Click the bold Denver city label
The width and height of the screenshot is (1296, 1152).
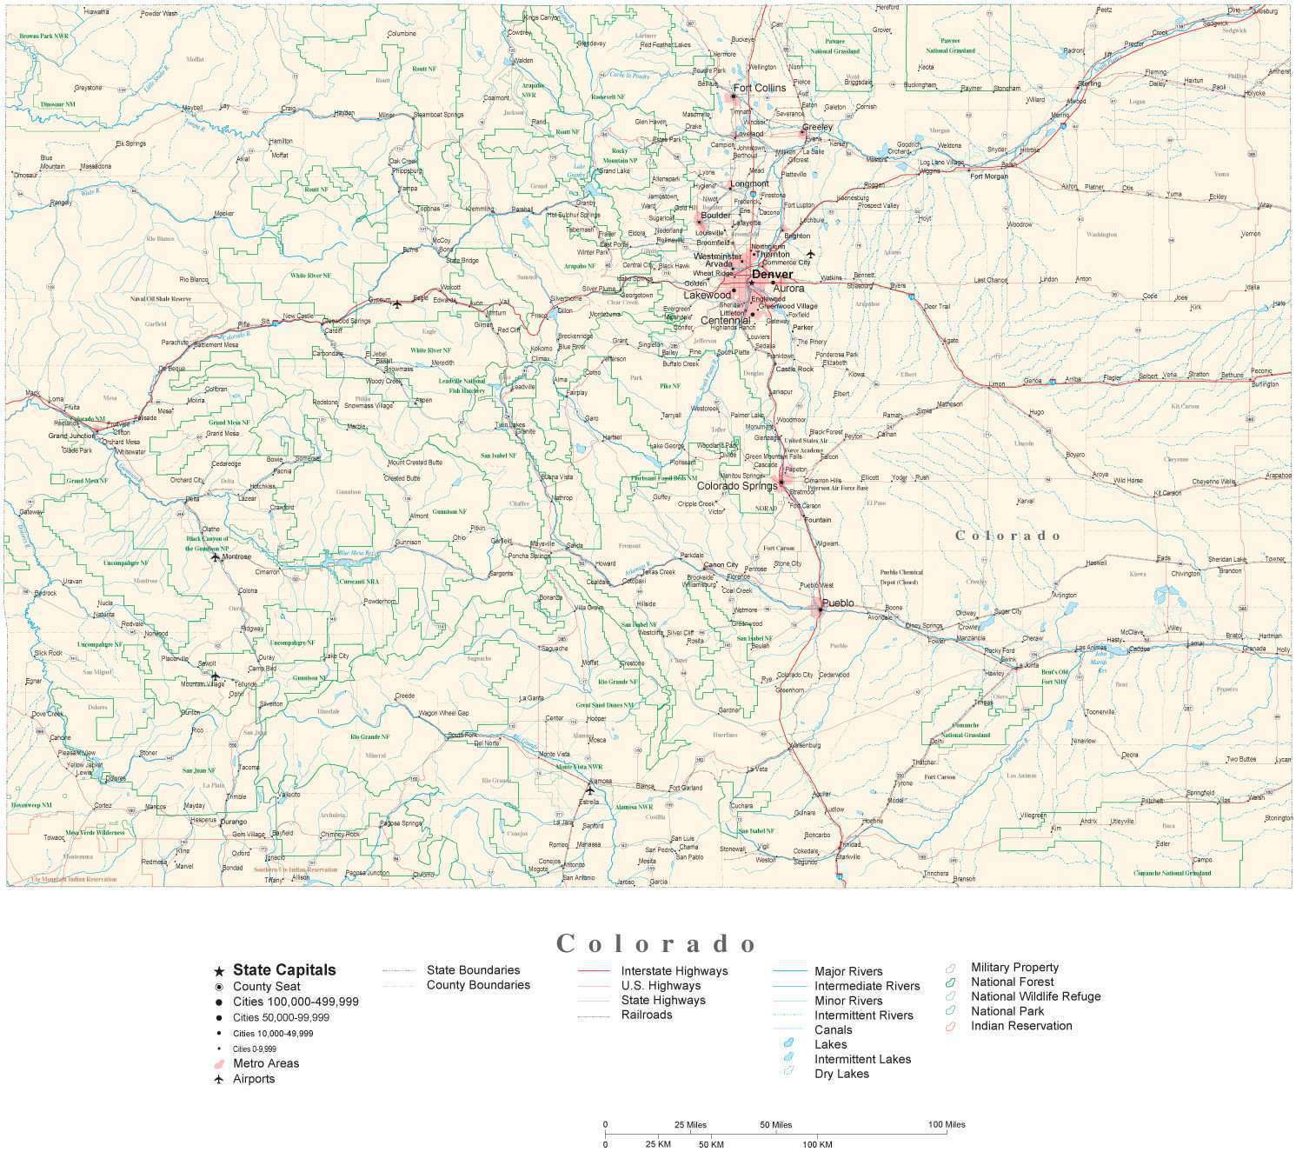pos(772,275)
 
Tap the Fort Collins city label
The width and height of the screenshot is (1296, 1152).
pos(759,88)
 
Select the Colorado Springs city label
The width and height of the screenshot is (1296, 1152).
pos(736,486)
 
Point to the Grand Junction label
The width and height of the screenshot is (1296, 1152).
pos(70,436)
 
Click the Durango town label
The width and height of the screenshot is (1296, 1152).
pos(233,822)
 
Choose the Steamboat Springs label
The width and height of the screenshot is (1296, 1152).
pos(438,115)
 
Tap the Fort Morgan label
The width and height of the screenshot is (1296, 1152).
pos(989,176)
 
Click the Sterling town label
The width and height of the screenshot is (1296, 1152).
pos(1089,84)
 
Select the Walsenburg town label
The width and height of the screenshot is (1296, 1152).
pos(804,746)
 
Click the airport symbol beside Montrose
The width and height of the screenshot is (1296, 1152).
pos(216,556)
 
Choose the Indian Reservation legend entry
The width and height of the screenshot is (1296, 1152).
pos(1021,1026)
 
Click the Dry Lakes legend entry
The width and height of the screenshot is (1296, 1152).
pos(841,1074)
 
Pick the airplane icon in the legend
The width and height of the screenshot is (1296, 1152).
pos(219,1080)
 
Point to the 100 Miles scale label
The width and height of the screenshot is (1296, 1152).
pos(947,1124)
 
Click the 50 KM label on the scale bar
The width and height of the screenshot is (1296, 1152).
pos(710,1144)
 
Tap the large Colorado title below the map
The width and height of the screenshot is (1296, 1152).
pos(657,943)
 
